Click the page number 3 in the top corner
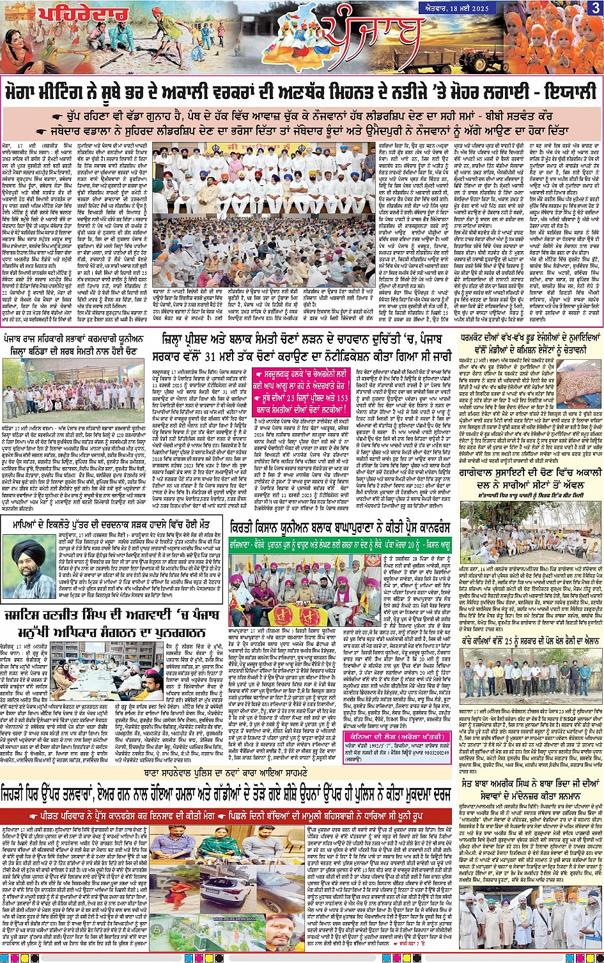[595, 8]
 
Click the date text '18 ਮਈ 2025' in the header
[568, 7]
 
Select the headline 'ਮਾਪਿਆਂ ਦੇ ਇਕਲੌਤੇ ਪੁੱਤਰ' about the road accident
[111, 525]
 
